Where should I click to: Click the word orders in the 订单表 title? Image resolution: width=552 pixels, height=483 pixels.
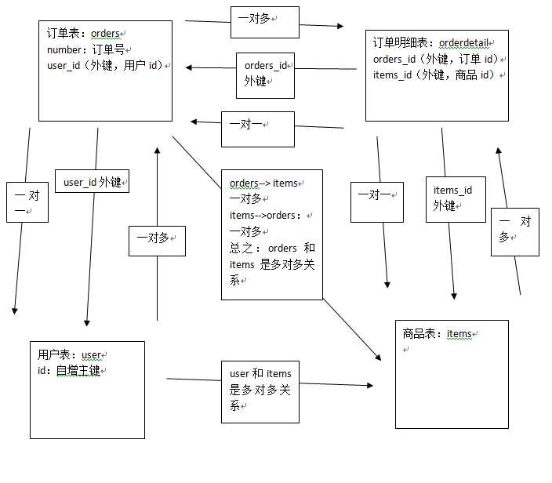106,34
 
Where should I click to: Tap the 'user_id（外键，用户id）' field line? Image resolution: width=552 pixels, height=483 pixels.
105,65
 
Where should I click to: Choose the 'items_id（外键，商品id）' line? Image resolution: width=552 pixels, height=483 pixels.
436,74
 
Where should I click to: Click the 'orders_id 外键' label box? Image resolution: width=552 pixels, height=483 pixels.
265,74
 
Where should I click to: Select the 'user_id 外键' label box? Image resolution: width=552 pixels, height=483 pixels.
93,182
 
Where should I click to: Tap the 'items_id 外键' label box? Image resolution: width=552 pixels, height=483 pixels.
454,198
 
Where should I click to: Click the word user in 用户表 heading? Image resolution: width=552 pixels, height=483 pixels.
91,355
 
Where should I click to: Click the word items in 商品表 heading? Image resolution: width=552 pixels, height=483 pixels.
459,334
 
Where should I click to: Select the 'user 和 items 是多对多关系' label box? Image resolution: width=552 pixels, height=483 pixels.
260,390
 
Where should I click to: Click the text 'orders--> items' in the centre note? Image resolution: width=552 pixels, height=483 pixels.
264,183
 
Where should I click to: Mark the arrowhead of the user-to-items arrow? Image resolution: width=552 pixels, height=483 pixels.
369,386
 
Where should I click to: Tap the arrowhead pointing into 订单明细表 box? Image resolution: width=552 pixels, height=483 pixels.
340,27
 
